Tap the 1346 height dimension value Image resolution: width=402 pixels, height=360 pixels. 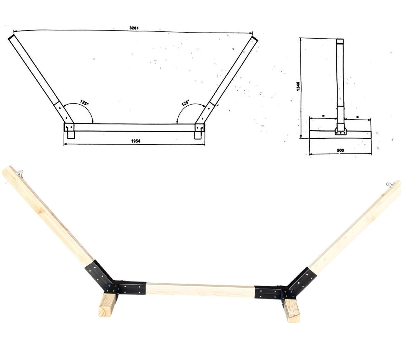298,86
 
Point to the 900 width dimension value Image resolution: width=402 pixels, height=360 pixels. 340,150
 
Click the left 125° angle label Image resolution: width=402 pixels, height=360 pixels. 84,102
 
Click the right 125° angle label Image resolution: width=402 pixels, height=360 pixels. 186,102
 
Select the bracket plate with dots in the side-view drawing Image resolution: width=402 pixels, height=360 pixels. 340,131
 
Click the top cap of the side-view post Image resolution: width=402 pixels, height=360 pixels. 339,41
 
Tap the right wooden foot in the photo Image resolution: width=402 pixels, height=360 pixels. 292,310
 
